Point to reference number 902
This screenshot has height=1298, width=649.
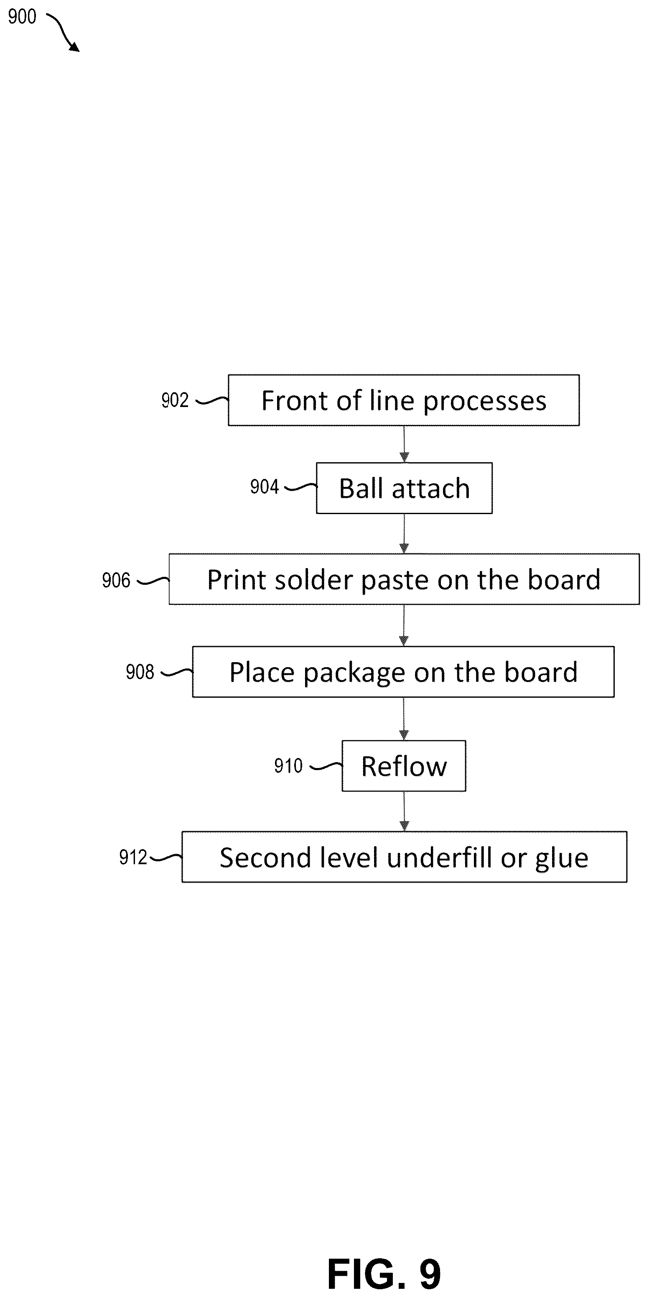[175, 400]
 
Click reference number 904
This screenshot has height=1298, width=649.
[265, 487]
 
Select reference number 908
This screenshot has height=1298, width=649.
[140, 672]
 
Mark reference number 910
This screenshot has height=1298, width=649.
[288, 766]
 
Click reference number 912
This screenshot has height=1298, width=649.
[133, 857]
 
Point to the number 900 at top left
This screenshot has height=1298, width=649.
[22, 17]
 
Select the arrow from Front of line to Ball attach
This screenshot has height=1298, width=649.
[404, 444]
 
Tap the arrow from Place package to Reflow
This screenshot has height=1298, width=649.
[404, 719]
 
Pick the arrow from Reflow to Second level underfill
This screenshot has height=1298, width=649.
[404, 811]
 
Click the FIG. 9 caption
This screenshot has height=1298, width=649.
[384, 1273]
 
